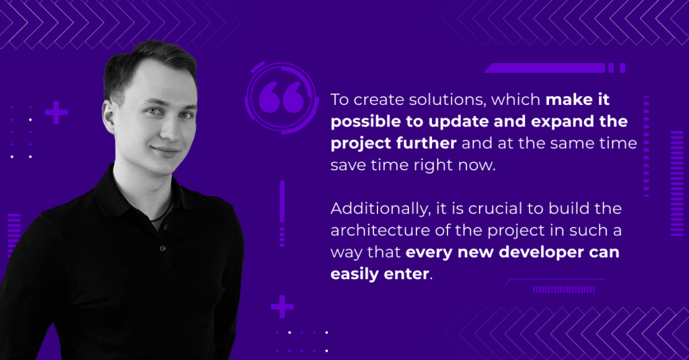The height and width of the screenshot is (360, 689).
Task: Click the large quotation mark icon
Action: tap(281, 97)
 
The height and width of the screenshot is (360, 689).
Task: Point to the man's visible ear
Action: tap(109, 119)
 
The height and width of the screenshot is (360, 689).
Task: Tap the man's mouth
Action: tap(166, 151)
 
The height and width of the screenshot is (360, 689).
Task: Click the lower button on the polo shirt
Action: tap(163, 248)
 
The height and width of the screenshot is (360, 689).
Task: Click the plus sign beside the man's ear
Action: tap(57, 112)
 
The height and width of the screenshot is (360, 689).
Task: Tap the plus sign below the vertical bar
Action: tap(282, 306)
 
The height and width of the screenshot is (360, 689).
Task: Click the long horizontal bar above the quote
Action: tap(545, 68)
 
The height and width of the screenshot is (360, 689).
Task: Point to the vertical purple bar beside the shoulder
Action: tap(282, 201)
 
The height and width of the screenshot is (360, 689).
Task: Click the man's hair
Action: tap(149, 61)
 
